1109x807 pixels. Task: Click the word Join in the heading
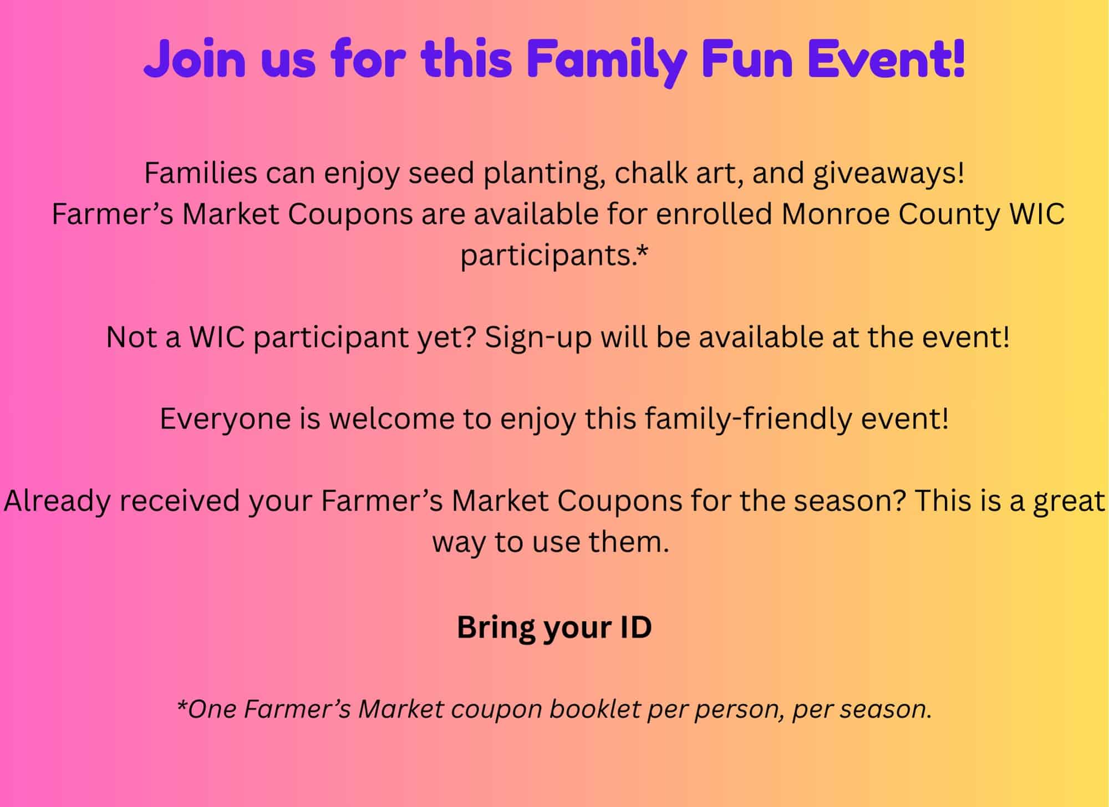[x=195, y=58]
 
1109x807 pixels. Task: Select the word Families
[x=201, y=173]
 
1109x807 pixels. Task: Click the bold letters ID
[x=637, y=627]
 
